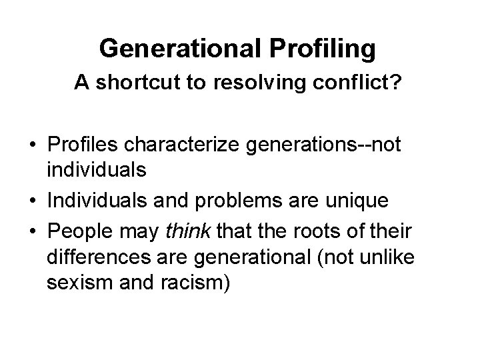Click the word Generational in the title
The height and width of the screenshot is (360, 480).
tap(174, 48)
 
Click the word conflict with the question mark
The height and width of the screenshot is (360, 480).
tap(361, 83)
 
